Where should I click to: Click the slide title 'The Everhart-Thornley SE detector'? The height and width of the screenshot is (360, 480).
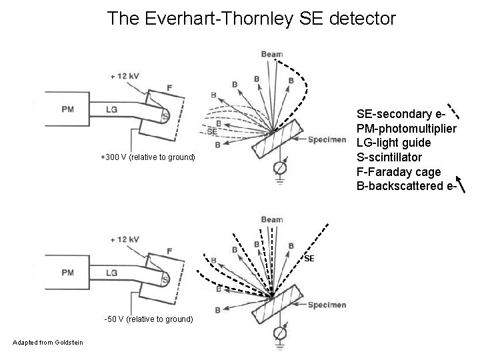point(251,19)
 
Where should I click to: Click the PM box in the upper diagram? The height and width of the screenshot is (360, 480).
point(67,110)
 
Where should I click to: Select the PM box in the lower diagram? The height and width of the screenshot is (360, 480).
point(67,272)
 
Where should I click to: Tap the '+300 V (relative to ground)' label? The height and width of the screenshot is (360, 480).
point(147,157)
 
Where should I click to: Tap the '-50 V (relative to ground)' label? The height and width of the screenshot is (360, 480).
point(149,319)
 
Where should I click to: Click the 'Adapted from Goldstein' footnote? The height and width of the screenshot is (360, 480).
point(47,342)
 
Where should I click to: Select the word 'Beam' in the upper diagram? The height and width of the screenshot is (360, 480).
point(272,54)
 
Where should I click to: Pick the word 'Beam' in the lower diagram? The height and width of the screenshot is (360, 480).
point(272,219)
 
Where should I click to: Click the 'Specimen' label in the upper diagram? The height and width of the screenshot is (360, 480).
point(327,139)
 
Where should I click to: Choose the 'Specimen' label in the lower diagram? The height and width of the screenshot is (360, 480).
point(327,305)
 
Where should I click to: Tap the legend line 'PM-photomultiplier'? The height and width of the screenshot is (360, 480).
point(407,128)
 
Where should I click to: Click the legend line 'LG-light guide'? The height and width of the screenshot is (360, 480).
point(393,143)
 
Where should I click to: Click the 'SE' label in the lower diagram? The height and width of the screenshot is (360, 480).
point(309,258)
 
